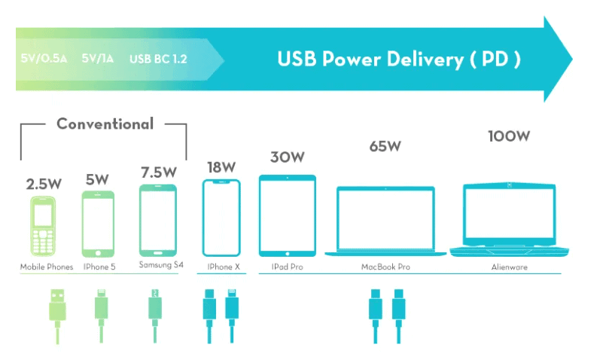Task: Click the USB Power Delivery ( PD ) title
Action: pyautogui.click(x=398, y=59)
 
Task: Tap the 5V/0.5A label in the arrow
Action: pyautogui.click(x=45, y=59)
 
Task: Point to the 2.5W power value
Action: pyautogui.click(x=43, y=184)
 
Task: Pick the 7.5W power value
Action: pyautogui.click(x=159, y=172)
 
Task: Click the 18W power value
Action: pyautogui.click(x=221, y=166)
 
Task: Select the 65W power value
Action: pyautogui.click(x=385, y=146)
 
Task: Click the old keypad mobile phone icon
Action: pyautogui.click(x=44, y=225)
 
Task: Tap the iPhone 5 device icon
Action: pyautogui.click(x=98, y=224)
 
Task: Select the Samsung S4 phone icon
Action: pyautogui.click(x=159, y=220)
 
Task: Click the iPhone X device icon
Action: pyautogui.click(x=221, y=218)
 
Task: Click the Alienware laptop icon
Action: pyautogui.click(x=509, y=218)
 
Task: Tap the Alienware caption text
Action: pyautogui.click(x=510, y=267)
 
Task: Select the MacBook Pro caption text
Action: pyautogui.click(x=385, y=267)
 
